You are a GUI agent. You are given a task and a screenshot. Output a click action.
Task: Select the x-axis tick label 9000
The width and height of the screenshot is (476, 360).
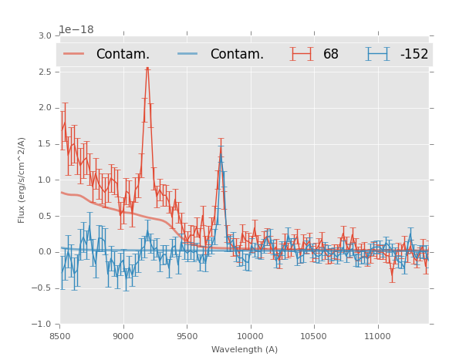click(x=123, y=336)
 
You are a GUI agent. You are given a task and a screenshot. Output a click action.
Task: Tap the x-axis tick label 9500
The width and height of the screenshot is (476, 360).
click(x=187, y=336)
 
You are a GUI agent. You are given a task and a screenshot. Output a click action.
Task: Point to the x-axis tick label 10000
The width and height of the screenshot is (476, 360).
click(x=250, y=336)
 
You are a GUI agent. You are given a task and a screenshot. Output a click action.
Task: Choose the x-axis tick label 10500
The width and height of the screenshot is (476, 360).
click(x=314, y=336)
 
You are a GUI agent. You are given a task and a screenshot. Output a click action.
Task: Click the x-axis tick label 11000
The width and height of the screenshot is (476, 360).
click(x=377, y=336)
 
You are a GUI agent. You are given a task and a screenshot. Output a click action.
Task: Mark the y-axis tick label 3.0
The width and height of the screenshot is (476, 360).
click(x=44, y=36)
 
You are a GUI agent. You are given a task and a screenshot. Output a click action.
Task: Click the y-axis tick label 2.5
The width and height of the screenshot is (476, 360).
click(x=44, y=72)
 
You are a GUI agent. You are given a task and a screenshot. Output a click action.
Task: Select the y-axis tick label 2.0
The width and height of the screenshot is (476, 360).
click(x=44, y=108)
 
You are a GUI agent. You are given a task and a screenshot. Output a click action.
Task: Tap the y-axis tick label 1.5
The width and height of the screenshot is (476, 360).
click(x=44, y=144)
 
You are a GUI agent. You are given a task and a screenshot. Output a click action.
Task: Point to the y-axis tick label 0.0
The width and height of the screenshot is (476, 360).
click(x=44, y=252)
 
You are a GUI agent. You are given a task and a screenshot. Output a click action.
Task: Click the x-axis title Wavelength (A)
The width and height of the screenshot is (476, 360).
click(x=245, y=350)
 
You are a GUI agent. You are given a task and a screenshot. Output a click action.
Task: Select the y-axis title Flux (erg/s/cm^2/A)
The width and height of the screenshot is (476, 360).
click(x=22, y=180)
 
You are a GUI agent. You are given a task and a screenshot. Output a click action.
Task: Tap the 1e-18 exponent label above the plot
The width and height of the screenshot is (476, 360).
click(x=76, y=29)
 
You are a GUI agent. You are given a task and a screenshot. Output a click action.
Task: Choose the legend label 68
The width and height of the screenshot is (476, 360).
click(x=331, y=54)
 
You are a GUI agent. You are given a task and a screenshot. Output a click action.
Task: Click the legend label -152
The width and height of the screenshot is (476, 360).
click(x=414, y=54)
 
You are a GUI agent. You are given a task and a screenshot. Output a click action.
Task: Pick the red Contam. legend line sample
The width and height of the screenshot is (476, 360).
click(x=74, y=54)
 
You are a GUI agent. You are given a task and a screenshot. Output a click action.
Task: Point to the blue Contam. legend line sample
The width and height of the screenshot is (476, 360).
click(x=188, y=54)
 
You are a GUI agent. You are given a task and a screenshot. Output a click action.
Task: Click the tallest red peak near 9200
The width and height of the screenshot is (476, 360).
click(x=147, y=69)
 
